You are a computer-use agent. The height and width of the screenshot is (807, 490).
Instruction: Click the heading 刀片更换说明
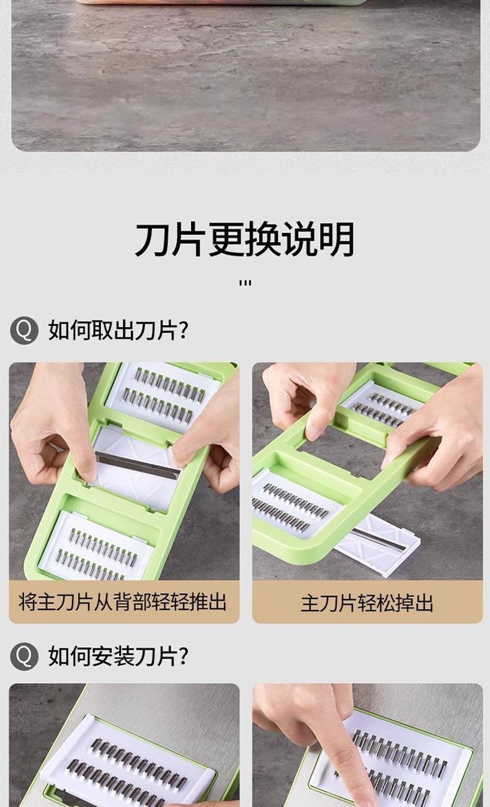tap(244, 239)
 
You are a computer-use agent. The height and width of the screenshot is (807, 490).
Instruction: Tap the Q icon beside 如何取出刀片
tap(24, 330)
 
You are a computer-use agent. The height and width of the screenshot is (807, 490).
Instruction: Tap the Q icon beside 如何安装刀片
tap(24, 656)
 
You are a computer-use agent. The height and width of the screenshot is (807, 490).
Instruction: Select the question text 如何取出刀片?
tap(118, 330)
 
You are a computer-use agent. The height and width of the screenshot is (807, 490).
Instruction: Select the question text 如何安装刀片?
tap(118, 656)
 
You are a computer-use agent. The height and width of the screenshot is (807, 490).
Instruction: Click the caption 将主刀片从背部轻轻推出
tap(123, 602)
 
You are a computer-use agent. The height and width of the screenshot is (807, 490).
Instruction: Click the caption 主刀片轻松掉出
tap(367, 603)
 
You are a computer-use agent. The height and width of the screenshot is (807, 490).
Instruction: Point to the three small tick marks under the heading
tap(245, 283)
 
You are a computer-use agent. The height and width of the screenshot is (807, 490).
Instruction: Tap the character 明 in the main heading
tap(337, 239)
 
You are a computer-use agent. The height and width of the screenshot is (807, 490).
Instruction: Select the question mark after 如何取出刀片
tap(184, 330)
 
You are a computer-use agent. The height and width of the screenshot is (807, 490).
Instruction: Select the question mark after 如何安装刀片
tap(184, 656)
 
